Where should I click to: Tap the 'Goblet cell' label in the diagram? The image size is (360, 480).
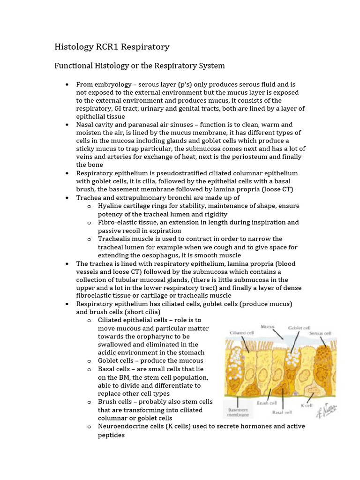[x=299, y=329]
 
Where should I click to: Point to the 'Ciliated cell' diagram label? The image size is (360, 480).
[x=241, y=333]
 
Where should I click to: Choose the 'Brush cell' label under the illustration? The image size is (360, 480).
[x=266, y=402]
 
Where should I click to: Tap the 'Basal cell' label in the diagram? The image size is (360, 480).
[x=282, y=412]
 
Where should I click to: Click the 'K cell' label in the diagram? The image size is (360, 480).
[x=307, y=405]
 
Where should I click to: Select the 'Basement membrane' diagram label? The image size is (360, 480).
[x=238, y=412]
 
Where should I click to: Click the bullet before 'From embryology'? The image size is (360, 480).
[x=67, y=85]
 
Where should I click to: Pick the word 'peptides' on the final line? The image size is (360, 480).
[x=111, y=435]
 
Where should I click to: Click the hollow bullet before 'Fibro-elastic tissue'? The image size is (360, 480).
[x=90, y=223]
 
